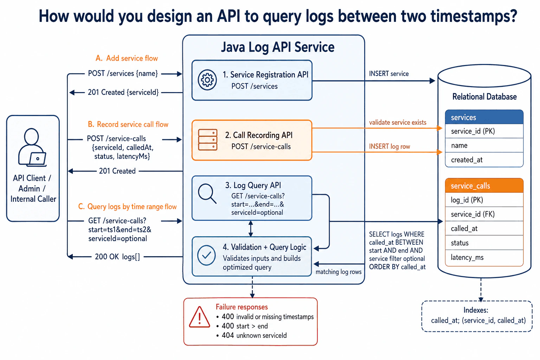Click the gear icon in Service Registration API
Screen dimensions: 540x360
coord(207,80)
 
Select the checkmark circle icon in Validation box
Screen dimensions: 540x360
coord(206,255)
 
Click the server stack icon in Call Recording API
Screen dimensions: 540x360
coord(207,140)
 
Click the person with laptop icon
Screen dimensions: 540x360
coord(32,147)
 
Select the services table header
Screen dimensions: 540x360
coord(484,117)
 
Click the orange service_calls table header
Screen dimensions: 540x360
coord(484,186)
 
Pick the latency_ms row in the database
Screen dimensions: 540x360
coord(484,258)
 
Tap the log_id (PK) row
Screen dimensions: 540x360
coord(484,200)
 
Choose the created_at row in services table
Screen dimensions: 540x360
coord(484,160)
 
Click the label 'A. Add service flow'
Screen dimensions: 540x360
coord(127,58)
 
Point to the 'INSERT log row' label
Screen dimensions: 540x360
coord(390,146)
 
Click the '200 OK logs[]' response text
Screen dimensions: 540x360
coord(117,257)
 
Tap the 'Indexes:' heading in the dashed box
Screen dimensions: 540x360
coord(476,310)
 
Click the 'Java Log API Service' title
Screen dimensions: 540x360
coord(278,47)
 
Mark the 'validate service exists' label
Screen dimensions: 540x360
coord(398,122)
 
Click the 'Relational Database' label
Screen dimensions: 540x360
coord(484,97)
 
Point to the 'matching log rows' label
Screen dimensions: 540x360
coord(339,272)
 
